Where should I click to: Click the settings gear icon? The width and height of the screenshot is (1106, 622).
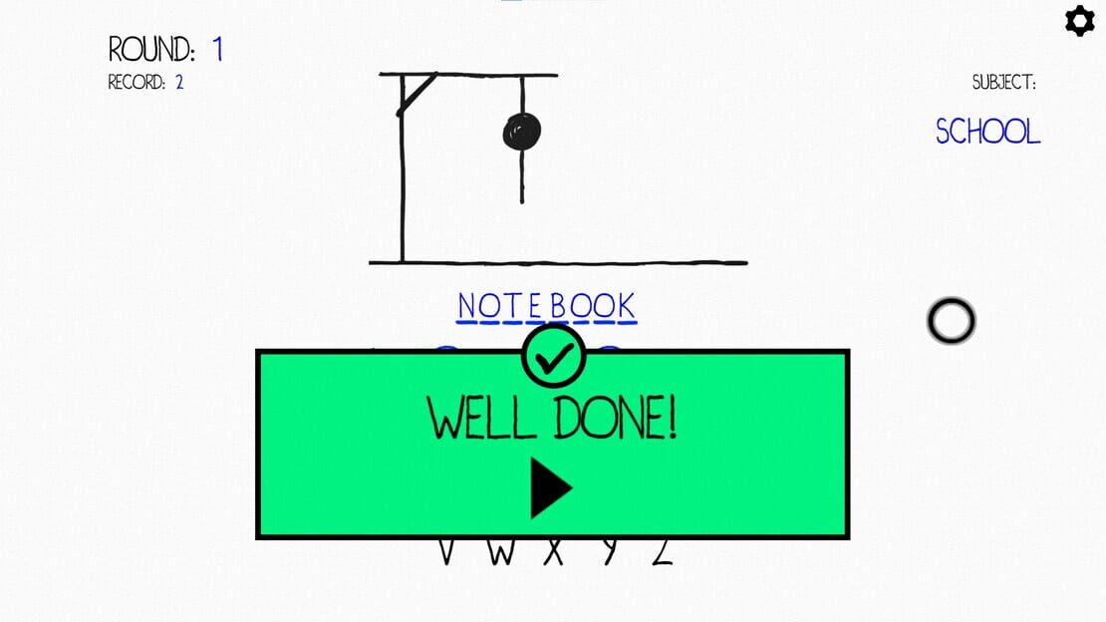(1080, 21)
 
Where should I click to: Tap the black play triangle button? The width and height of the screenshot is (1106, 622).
(550, 487)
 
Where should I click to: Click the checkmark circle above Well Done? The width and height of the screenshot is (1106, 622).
(554, 357)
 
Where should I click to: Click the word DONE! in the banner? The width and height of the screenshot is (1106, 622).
(615, 418)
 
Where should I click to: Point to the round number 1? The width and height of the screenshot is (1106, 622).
(218, 49)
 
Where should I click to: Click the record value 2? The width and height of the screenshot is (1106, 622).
(179, 83)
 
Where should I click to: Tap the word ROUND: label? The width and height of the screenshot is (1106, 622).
(150, 49)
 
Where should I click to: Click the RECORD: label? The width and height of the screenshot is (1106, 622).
(137, 83)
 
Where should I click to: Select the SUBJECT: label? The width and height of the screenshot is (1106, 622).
(1004, 83)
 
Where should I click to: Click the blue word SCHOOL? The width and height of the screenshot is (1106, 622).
(987, 132)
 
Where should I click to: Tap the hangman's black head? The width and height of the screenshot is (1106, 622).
(522, 132)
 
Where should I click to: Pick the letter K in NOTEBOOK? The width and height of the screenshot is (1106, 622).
(626, 306)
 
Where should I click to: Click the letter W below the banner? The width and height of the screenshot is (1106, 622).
(501, 553)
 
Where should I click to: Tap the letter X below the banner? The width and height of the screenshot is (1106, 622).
(554, 553)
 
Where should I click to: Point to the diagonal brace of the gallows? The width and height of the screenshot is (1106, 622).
(417, 94)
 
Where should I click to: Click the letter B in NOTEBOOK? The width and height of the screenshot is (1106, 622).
(559, 306)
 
